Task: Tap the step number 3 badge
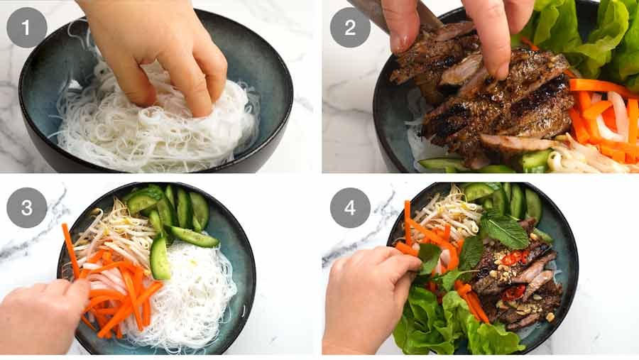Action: (27, 207)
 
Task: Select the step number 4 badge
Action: (350, 207)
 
